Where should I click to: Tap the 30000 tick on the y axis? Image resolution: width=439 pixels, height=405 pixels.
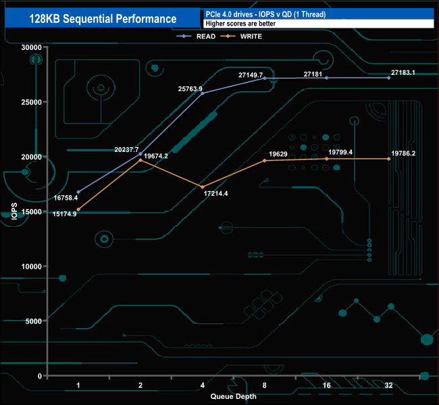(x=30, y=47)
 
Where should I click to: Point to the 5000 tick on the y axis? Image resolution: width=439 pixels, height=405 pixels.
(x=32, y=321)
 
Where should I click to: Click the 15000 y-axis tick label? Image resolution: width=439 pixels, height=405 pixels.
(x=30, y=211)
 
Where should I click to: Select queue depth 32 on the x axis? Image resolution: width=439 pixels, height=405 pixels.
(x=388, y=385)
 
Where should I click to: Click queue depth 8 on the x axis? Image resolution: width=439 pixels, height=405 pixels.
(x=265, y=385)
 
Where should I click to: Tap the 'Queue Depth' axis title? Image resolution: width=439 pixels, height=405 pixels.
(x=233, y=396)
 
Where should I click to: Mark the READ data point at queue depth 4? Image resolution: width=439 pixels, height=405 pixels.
(x=203, y=93)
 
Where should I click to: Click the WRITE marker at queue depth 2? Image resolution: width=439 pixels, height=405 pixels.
(x=140, y=160)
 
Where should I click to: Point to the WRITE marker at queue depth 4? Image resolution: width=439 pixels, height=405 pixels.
(x=203, y=187)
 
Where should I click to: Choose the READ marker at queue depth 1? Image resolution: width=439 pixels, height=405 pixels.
(x=78, y=192)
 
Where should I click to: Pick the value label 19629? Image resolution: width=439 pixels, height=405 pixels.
(x=279, y=154)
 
